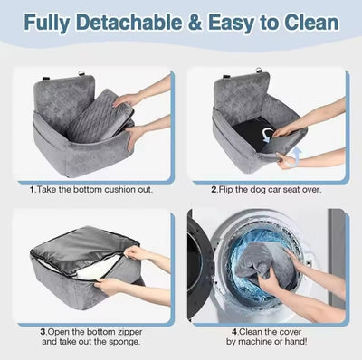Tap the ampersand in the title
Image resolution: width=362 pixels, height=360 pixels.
(195, 23)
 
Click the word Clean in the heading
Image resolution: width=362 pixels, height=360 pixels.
(311, 23)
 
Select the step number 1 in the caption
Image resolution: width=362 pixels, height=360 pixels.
(33, 190)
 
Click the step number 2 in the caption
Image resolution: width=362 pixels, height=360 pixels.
(214, 190)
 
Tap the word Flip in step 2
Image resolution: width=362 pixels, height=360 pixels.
(225, 190)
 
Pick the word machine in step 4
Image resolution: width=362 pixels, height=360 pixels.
(253, 342)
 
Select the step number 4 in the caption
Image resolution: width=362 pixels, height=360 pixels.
(235, 332)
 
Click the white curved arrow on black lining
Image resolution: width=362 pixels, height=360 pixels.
(267, 134)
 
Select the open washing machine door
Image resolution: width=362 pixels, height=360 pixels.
(200, 265)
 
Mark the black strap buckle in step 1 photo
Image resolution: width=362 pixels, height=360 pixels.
(45, 79)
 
